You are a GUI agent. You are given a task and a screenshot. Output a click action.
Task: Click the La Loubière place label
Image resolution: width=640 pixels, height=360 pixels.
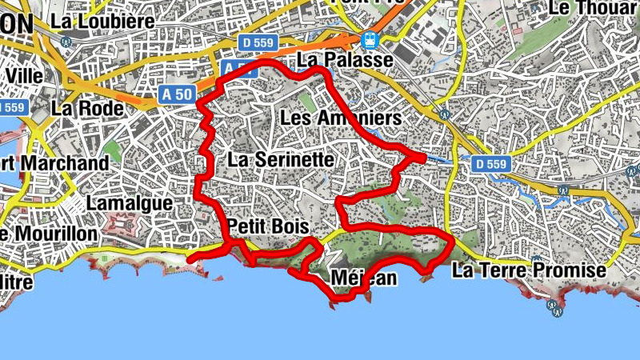(102, 22)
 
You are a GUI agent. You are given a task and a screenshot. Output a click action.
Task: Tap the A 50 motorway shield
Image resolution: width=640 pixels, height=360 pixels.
(177, 94)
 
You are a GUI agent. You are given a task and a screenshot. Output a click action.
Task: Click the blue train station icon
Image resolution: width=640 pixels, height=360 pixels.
(370, 39)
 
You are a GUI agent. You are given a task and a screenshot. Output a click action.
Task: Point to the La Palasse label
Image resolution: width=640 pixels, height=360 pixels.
(345, 60)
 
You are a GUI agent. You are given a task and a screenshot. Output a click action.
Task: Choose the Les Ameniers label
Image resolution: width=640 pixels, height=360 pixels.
(341, 118)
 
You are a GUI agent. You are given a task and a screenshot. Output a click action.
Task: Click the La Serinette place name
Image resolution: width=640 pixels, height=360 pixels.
(280, 159)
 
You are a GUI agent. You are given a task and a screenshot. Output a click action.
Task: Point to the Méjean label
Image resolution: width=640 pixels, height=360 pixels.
(363, 278)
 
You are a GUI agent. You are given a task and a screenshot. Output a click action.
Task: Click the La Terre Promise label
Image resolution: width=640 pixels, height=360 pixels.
(529, 270)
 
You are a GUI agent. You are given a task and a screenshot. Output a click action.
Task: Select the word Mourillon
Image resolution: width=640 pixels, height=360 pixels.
(58, 234)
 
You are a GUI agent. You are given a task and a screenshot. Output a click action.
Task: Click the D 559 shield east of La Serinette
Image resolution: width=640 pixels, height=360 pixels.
(490, 164)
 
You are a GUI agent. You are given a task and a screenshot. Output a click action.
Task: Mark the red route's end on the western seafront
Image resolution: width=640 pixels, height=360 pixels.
(190, 258)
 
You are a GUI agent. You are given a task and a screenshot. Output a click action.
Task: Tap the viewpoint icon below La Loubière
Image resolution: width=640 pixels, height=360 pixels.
(68, 43)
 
